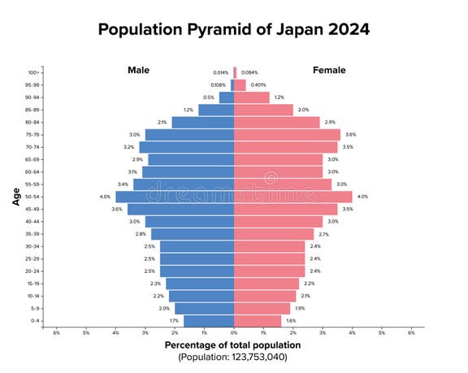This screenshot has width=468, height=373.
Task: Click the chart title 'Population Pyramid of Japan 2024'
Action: (234, 30)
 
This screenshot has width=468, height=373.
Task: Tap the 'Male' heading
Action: (138, 70)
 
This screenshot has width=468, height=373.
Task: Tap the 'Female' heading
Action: (330, 70)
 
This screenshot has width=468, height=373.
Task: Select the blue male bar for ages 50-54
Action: (175, 197)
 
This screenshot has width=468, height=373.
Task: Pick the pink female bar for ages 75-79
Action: (287, 135)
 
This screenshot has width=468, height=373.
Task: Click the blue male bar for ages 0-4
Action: (209, 321)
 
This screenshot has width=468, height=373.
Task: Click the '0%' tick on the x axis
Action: (234, 332)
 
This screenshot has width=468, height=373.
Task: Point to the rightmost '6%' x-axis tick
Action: (411, 332)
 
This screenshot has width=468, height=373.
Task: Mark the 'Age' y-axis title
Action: (15, 196)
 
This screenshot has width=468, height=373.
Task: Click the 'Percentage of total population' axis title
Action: (234, 345)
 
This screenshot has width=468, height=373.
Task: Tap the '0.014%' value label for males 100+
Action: (220, 72)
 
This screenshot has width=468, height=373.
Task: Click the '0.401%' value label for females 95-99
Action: (258, 85)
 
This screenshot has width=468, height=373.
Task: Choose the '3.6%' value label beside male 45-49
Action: (117, 210)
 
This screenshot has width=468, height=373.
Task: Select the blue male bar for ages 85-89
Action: (216, 110)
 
